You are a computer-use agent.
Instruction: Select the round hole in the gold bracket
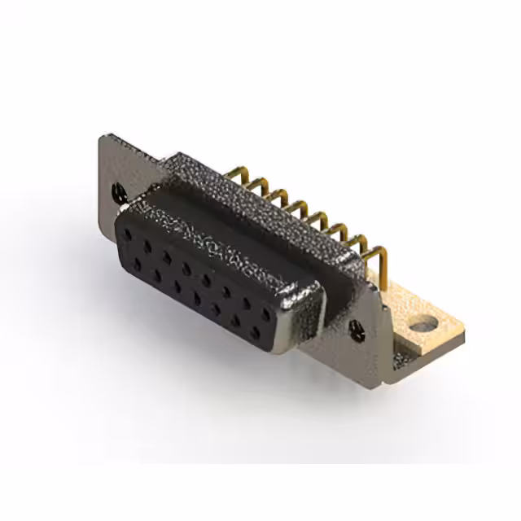point(420,326)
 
